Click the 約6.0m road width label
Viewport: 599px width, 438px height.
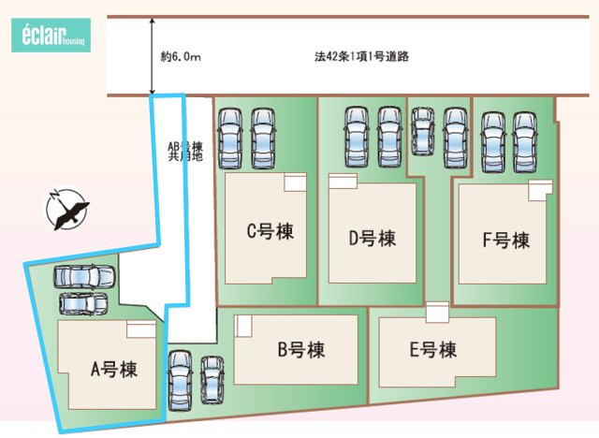click(181, 57)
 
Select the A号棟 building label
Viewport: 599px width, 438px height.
click(113, 369)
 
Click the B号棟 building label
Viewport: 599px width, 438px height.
click(300, 351)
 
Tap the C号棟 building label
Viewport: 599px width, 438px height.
click(270, 231)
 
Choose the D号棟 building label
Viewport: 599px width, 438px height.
click(372, 238)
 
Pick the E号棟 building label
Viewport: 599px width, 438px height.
click(432, 351)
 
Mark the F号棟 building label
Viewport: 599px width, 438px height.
click(505, 241)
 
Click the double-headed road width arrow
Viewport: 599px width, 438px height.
click(153, 56)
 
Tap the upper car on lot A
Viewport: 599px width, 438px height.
click(84, 278)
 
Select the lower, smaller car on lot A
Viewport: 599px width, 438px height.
click(83, 304)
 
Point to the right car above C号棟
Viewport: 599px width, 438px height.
click(263, 138)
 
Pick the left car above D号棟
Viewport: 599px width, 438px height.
click(356, 136)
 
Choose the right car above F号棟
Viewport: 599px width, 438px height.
click(525, 141)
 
